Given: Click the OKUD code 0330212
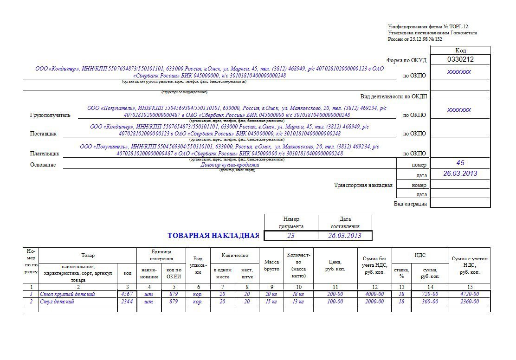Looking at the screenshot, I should [460, 60].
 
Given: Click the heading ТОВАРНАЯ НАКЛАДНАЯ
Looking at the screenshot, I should [213, 236].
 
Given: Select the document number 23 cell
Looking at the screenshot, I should [290, 236].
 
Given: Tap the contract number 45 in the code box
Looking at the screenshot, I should [460, 163].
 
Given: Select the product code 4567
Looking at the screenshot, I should [127, 294].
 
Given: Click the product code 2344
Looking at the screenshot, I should [127, 302].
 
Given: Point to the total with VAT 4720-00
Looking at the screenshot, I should [469, 294].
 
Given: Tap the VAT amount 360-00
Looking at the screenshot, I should [429, 302].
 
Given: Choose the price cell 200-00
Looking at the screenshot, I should [335, 294].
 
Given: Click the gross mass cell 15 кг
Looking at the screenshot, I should [271, 302].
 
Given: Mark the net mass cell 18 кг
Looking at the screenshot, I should [298, 294].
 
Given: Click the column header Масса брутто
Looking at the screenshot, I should [271, 265].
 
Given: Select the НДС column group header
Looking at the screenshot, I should [419, 255].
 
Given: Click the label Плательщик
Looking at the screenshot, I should [45, 153].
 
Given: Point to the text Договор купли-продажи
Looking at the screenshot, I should [230, 165].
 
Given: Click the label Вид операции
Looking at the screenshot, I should [410, 203].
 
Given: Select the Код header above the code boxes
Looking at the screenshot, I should [460, 50].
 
